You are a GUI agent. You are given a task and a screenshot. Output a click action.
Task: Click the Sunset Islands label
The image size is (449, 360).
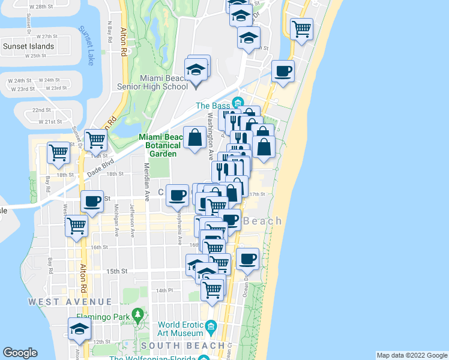(x=28, y=46)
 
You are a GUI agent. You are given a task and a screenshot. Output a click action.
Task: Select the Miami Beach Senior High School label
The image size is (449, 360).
(x=163, y=82)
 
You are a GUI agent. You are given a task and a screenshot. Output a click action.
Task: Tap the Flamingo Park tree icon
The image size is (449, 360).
(x=139, y=314)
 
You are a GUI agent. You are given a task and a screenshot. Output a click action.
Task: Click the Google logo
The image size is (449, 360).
(x=20, y=353)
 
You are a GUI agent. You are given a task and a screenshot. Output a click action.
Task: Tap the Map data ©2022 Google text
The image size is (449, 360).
(x=411, y=355)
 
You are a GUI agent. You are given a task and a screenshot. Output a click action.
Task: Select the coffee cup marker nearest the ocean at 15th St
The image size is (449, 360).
(x=247, y=259)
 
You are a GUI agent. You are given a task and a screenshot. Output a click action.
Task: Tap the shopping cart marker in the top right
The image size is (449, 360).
(x=301, y=28)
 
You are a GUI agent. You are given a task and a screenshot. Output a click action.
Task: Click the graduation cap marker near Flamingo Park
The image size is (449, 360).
(x=79, y=329)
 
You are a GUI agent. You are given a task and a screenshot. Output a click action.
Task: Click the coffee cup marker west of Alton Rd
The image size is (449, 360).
(x=92, y=202)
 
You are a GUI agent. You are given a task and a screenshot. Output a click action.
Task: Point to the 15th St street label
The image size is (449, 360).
(x=117, y=271)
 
